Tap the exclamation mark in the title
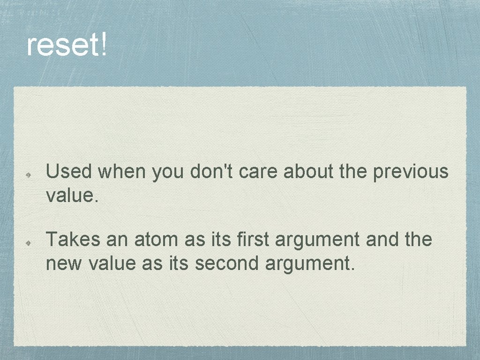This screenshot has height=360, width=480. [103, 45]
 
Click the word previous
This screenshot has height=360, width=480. [411, 172]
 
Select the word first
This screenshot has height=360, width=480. [254, 240]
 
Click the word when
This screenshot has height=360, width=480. [122, 172]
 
